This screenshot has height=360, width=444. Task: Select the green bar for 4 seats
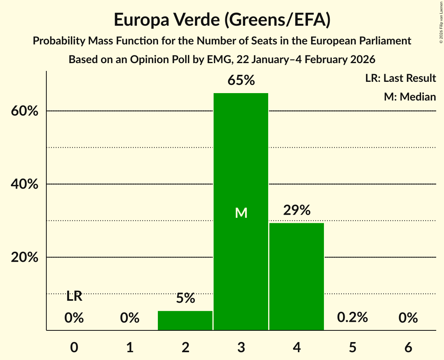click(x=297, y=276)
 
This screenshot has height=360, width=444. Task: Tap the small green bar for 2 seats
click(x=185, y=320)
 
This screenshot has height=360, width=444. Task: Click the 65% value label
click(x=241, y=81)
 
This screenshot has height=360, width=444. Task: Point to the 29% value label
click(x=297, y=210)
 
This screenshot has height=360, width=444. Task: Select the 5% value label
click(x=185, y=298)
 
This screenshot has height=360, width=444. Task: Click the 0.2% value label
click(x=352, y=318)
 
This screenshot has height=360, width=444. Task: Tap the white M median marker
click(x=241, y=213)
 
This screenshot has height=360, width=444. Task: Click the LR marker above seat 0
click(x=74, y=296)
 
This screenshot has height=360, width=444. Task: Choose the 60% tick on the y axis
click(x=24, y=111)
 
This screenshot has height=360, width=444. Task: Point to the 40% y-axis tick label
click(x=24, y=184)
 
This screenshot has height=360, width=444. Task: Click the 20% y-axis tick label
click(x=24, y=258)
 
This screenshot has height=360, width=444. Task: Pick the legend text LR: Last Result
click(x=400, y=78)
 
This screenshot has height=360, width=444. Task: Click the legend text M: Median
click(x=410, y=97)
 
